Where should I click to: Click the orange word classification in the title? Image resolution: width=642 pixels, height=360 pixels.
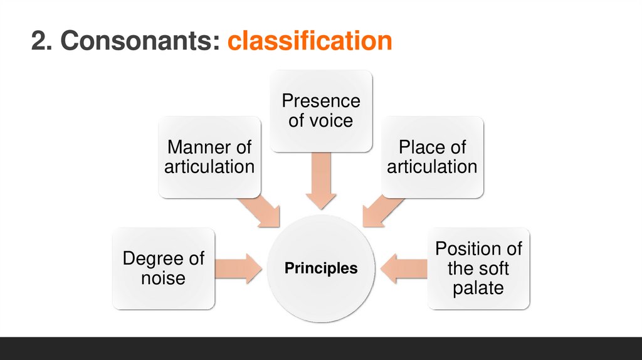click(x=310, y=41)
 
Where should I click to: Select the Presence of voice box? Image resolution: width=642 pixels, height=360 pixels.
click(x=320, y=110)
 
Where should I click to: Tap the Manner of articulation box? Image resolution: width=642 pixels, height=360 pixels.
click(x=209, y=157)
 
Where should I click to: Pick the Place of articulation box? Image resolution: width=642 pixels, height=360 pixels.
click(x=432, y=157)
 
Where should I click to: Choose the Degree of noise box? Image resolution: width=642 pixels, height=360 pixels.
click(x=163, y=268)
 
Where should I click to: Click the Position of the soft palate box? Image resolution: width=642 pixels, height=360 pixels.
click(x=478, y=268)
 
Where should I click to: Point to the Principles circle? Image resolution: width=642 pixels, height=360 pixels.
click(x=321, y=268)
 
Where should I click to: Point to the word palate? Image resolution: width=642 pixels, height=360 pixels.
click(x=478, y=288)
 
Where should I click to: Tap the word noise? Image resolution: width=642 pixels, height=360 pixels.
click(x=163, y=278)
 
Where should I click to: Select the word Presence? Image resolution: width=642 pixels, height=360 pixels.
click(x=320, y=101)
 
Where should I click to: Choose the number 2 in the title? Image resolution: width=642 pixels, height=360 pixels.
click(x=39, y=41)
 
